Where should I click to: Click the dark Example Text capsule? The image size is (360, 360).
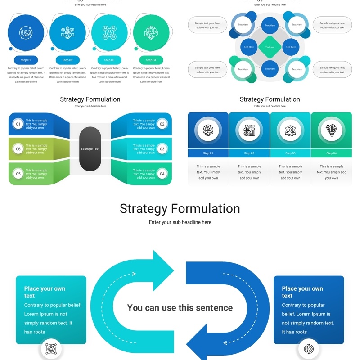click(x=90, y=149)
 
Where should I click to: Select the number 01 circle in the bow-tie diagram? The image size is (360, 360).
click(x=18, y=124)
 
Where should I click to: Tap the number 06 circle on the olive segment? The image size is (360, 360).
click(x=18, y=149)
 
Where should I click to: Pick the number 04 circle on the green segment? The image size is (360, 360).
click(x=162, y=174)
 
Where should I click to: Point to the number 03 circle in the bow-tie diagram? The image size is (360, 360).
click(x=162, y=149)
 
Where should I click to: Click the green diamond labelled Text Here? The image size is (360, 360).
click(x=270, y=47)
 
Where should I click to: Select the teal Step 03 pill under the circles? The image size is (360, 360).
click(x=109, y=60)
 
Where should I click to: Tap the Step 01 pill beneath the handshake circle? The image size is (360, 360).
click(x=26, y=60)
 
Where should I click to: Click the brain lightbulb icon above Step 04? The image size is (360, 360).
click(x=331, y=130)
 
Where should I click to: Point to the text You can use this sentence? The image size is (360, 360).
click(x=180, y=308)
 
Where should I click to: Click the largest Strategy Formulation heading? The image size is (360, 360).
click(x=180, y=209)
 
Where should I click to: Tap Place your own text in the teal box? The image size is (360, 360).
click(x=45, y=292)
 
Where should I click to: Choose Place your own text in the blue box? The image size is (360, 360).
click(x=302, y=292)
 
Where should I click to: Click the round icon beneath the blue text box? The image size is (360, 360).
click(x=309, y=349)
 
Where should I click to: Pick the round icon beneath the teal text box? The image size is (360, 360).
click(x=51, y=349)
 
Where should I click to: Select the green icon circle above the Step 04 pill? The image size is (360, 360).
click(x=151, y=32)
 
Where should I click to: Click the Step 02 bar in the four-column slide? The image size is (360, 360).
click(x=249, y=153)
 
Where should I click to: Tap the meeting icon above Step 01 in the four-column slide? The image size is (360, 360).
click(x=208, y=130)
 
